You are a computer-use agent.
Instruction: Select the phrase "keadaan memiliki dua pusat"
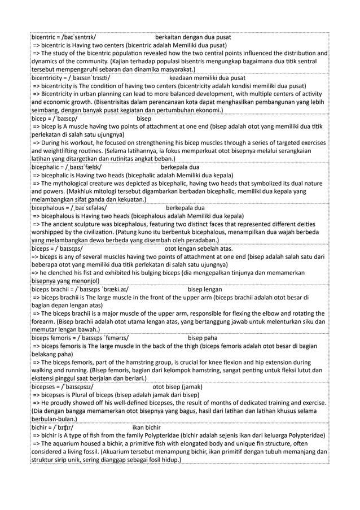[x=207, y=78]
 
